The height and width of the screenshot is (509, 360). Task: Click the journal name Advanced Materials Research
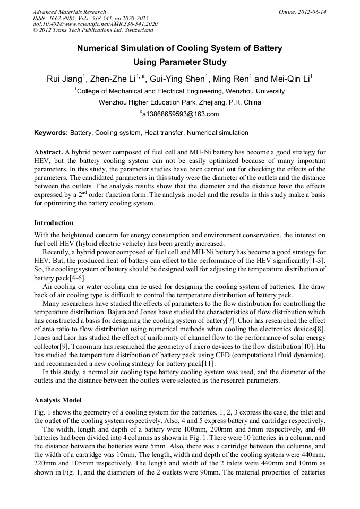(69, 12)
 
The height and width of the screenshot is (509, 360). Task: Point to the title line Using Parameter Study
(179, 62)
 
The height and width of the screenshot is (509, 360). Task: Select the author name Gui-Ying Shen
(178, 80)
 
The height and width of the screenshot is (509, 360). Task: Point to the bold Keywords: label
(51, 133)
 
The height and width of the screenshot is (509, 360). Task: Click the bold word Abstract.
(49, 152)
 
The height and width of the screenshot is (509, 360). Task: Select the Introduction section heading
(54, 222)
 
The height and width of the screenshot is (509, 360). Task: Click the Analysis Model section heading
(58, 400)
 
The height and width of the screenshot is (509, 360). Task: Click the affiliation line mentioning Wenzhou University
(179, 91)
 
